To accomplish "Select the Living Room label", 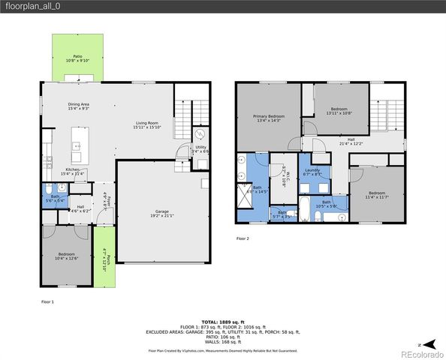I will point(146,124).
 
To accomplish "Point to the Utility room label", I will point(200,149).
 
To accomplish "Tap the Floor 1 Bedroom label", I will point(65,256).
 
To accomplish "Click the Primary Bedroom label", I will point(268,118).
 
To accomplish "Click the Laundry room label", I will point(313,172).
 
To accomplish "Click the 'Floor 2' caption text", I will point(243,238).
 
